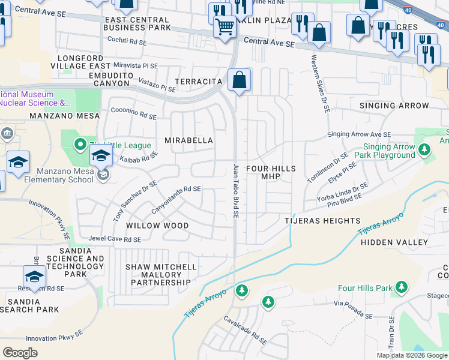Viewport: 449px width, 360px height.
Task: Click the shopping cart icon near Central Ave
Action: (x=224, y=26)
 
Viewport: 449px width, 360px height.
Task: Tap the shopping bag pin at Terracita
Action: (x=239, y=80)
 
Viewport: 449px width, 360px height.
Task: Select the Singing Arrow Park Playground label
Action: (x=388, y=151)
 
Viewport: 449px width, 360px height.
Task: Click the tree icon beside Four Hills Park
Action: (x=400, y=289)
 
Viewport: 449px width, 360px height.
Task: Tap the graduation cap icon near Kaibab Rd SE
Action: (x=101, y=157)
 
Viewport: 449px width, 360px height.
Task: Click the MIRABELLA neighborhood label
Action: (x=189, y=140)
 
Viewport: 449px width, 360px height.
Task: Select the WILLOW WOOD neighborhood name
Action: (x=157, y=226)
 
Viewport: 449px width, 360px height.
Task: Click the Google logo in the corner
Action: (x=20, y=353)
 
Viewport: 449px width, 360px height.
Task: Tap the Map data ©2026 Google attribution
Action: (x=411, y=355)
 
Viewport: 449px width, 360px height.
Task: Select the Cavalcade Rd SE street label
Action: (x=246, y=331)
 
